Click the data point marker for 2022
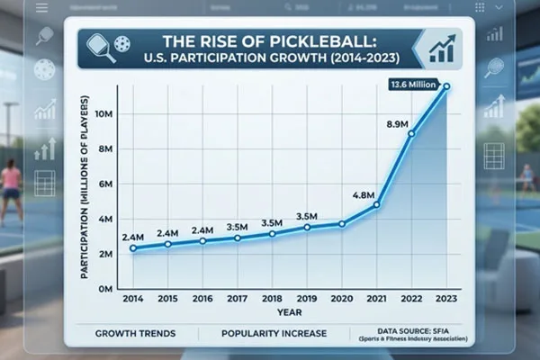point(411,133)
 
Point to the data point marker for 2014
point(133,248)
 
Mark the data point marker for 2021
point(376,205)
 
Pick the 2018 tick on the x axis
point(272,298)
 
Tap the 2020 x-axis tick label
point(342,298)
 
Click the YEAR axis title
point(289,312)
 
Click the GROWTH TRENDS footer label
point(135,334)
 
